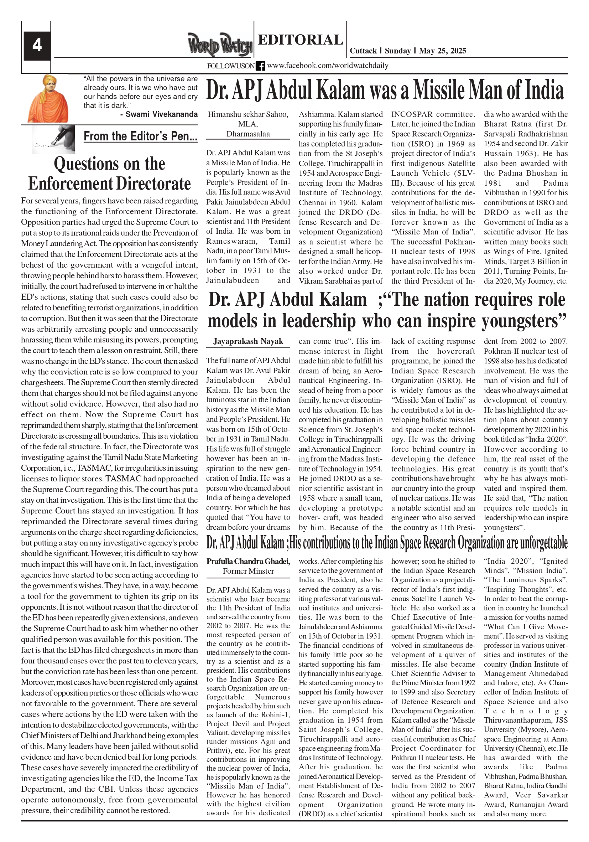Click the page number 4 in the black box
(37, 46)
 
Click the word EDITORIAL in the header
(300, 40)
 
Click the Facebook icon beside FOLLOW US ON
(260, 66)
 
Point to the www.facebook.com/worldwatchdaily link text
(328, 66)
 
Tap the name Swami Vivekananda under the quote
(161, 114)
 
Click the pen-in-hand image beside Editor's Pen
(53, 139)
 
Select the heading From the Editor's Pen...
(140, 136)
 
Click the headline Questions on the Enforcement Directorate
(109, 174)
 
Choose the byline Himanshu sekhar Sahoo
(248, 114)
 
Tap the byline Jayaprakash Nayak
(248, 341)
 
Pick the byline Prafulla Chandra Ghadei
(248, 561)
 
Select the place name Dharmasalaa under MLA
(248, 134)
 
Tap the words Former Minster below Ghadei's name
(248, 571)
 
